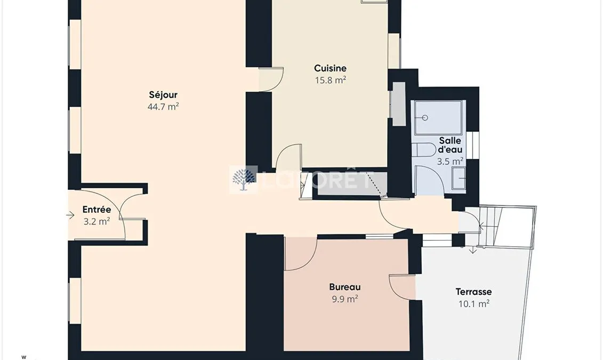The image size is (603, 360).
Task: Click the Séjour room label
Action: tap(163, 95)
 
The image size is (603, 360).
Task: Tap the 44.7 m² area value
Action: tap(163, 107)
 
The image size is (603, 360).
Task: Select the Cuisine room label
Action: tap(331, 68)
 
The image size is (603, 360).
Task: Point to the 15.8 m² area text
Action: tap(331, 80)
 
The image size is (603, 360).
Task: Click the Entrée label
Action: tap(97, 210)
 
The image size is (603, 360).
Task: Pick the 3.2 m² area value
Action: tap(97, 221)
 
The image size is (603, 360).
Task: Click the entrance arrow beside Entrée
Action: tap(70, 215)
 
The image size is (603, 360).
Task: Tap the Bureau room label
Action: tap(345, 287)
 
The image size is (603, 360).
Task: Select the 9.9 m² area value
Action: tap(345, 299)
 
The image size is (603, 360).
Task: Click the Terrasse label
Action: tap(474, 292)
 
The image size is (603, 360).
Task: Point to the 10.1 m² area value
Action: tap(474, 303)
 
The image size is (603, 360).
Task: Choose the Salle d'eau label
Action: tap(450, 145)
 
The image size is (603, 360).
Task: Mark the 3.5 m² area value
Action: tap(450, 161)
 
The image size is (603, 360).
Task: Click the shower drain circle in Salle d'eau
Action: tap(425, 118)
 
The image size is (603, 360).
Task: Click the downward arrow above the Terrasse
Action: tap(473, 250)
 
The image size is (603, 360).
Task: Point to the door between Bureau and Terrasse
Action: tap(403, 286)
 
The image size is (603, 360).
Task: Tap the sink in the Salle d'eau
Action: tap(459, 178)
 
